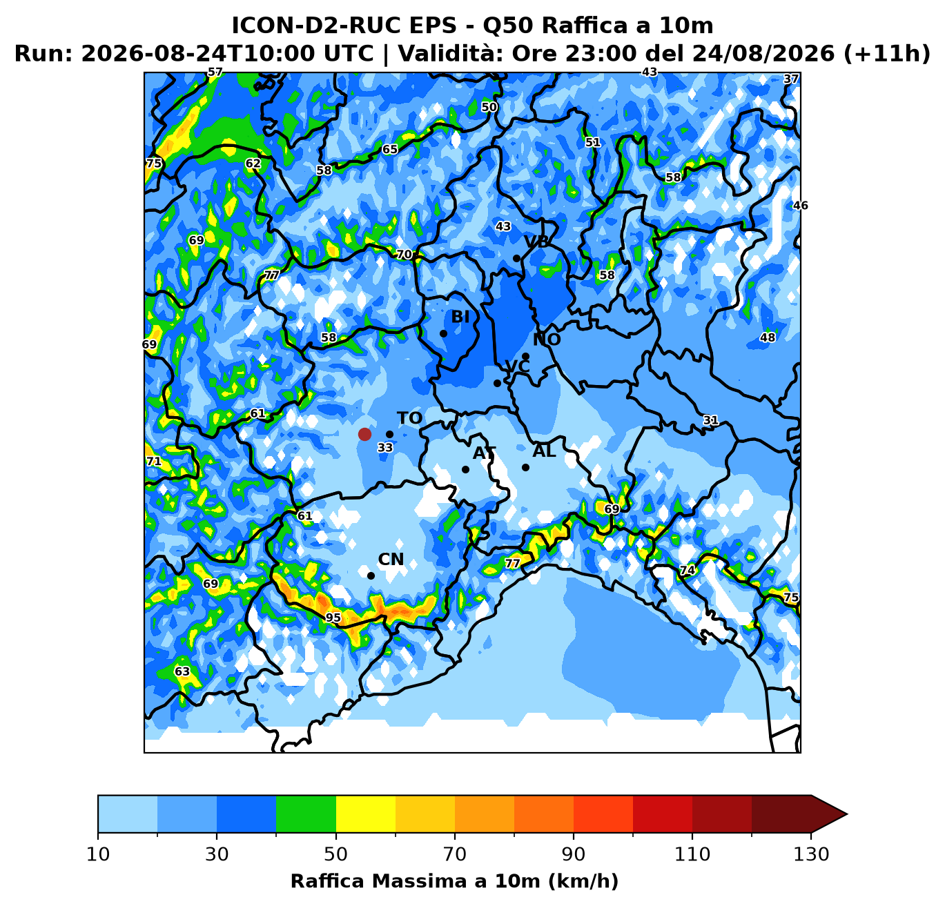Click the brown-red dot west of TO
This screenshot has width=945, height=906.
pos(364,434)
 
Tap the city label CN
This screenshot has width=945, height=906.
pos(391,560)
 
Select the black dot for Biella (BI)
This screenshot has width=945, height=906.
pos(443,333)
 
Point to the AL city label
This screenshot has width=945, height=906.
pos(544,451)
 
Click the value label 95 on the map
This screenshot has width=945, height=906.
pos(333,618)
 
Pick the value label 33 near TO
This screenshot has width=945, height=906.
pos(385,448)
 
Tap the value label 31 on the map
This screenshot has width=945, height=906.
pos(711,420)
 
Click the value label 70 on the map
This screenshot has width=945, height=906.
pos(404,255)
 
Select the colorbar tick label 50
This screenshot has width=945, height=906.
pos(335,854)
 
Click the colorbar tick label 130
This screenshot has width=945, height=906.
pos(811,854)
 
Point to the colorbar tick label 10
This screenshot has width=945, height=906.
pos(98,854)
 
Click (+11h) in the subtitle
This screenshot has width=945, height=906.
pos(886,53)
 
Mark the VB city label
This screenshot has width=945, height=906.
pos(536,242)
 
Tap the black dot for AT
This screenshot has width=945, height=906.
pos(465,469)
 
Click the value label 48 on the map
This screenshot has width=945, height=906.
pos(768,337)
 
